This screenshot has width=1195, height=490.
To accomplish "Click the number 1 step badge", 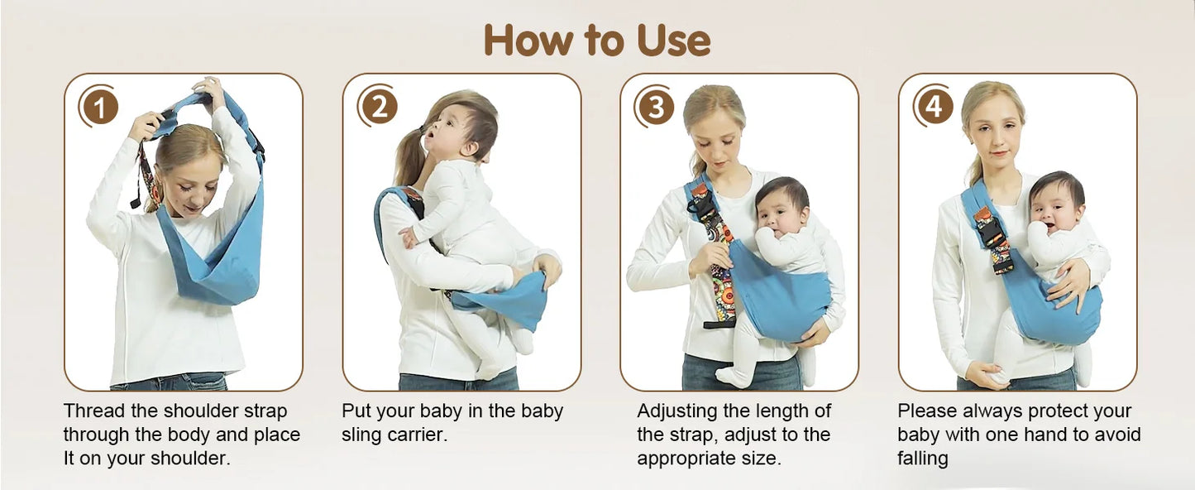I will [x=99, y=108].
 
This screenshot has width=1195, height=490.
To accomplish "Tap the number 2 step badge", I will [x=378, y=108].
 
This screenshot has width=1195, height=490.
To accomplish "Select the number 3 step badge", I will [x=656, y=108].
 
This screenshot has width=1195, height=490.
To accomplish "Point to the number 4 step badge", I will [x=934, y=108].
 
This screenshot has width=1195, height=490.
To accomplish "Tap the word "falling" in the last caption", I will [x=922, y=459].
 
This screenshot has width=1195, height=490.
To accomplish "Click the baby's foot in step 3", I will [x=733, y=377].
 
